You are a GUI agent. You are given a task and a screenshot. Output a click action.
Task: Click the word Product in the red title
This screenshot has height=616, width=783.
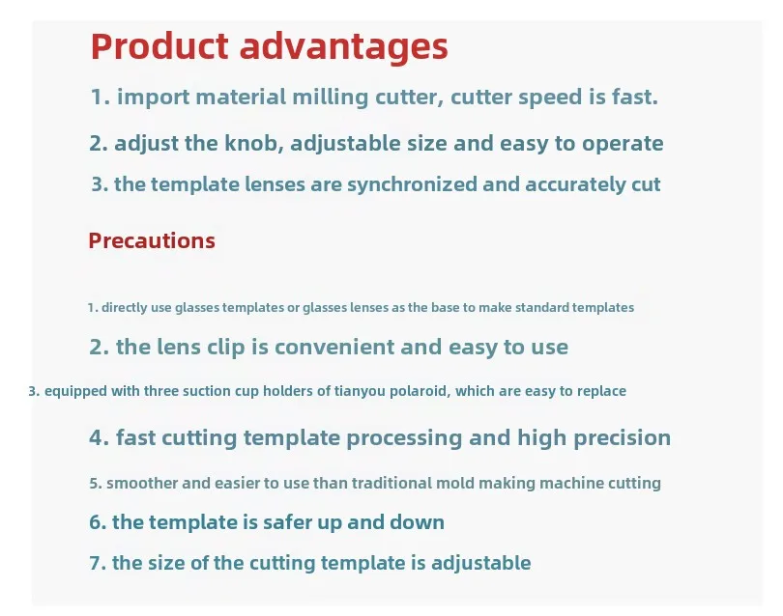pyautogui.click(x=159, y=46)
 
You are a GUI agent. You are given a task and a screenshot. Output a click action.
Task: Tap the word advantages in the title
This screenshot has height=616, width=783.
pyautogui.click(x=343, y=48)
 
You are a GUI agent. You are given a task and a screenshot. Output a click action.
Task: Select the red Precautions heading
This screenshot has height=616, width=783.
pyautogui.click(x=152, y=240)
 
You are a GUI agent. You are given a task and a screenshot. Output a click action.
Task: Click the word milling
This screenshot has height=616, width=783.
pyautogui.click(x=330, y=97)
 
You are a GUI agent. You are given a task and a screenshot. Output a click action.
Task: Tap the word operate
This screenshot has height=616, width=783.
pyautogui.click(x=623, y=144)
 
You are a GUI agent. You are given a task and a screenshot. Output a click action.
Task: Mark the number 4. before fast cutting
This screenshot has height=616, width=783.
pyautogui.click(x=99, y=437)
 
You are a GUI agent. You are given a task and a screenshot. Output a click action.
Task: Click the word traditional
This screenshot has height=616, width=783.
pyautogui.click(x=391, y=483)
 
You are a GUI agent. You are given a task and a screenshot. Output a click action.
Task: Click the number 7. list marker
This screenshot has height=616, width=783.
pyautogui.click(x=98, y=563)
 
